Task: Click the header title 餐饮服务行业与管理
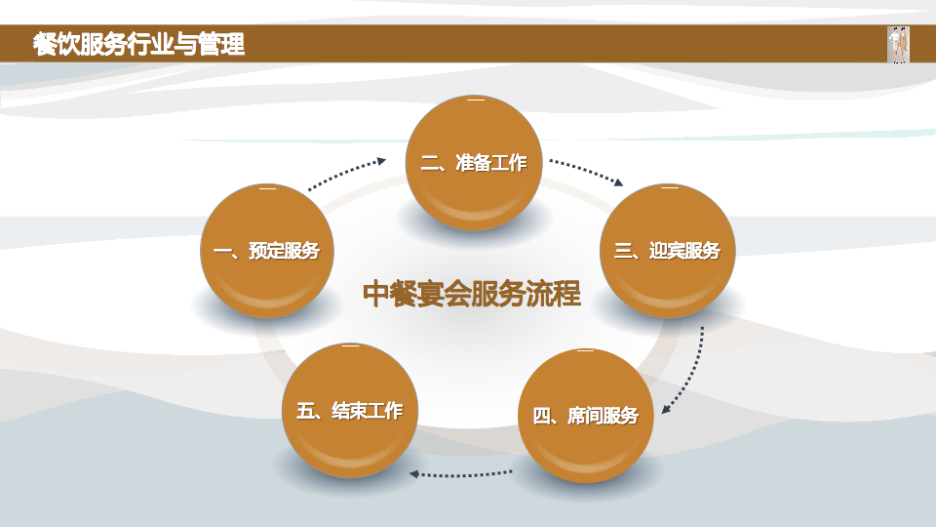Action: click(x=137, y=44)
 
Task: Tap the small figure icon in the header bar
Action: click(x=898, y=45)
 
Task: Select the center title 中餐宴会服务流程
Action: click(x=472, y=294)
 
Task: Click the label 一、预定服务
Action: click(x=266, y=252)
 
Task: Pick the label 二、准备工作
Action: click(x=474, y=163)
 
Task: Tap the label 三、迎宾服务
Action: click(x=667, y=251)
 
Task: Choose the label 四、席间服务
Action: click(x=585, y=417)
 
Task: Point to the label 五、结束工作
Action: click(x=349, y=411)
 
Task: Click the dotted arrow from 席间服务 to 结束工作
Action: click(x=461, y=475)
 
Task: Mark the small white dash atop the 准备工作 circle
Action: click(x=475, y=101)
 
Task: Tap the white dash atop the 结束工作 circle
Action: click(x=350, y=346)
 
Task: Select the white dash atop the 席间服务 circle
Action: click(x=585, y=351)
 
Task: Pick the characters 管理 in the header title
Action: click(x=221, y=44)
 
